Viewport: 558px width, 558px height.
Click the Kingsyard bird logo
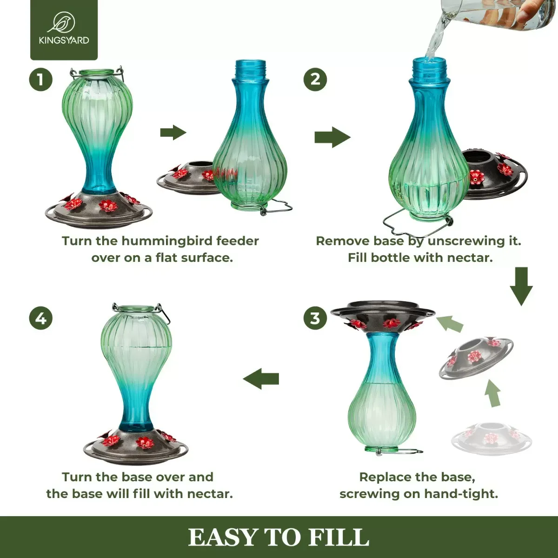coord(64,22)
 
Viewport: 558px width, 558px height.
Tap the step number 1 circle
coord(41,80)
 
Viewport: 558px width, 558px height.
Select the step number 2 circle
coord(315,80)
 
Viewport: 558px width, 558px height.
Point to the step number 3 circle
coord(315,319)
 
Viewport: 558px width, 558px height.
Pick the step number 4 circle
coord(41,319)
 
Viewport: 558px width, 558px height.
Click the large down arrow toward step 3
coord(521,286)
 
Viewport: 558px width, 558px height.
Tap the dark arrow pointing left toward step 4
coord(261,379)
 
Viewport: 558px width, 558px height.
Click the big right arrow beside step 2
coord(332,137)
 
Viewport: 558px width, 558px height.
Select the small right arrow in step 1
coord(173,133)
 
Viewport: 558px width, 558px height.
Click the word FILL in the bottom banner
coord(339,538)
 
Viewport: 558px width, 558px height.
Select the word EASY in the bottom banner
coord(223,538)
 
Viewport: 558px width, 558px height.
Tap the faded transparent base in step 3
coord(491,438)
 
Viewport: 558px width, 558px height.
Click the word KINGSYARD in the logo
coord(64,40)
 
